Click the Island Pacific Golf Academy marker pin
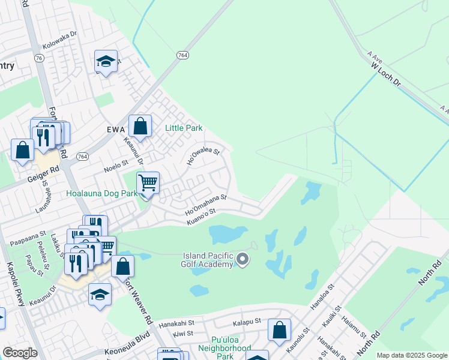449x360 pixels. [243, 259]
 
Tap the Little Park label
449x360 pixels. [184, 128]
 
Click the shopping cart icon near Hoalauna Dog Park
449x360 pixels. [148, 182]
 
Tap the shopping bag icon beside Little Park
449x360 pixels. [140, 126]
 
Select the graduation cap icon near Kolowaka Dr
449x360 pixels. [106, 61]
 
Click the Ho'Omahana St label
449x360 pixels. [206, 203]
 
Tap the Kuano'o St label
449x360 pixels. [200, 216]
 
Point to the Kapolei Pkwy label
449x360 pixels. [15, 284]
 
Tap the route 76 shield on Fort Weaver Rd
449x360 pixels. [39, 58]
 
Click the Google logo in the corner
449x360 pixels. [20, 353]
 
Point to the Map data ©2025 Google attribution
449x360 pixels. [412, 355]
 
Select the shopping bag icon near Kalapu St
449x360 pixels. [279, 329]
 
